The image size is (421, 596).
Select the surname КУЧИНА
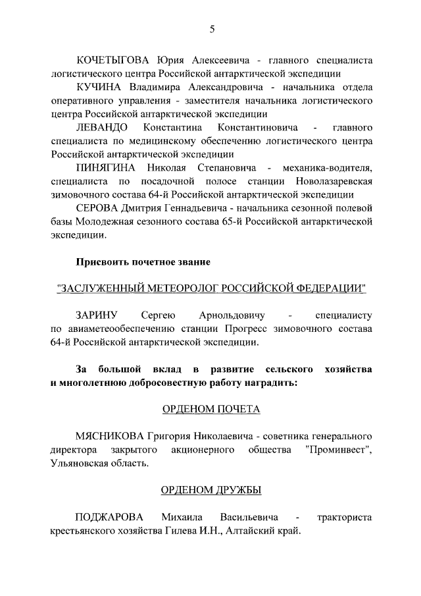98,87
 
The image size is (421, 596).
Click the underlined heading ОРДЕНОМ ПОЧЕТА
211,409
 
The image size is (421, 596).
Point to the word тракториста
345,518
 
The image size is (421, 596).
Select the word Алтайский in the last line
253,531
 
